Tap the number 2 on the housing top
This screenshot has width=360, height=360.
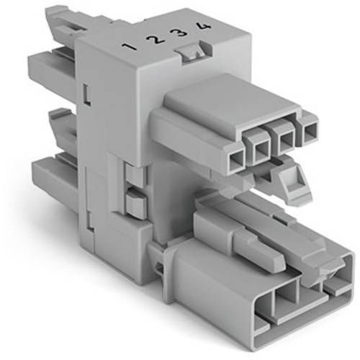(154, 40)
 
